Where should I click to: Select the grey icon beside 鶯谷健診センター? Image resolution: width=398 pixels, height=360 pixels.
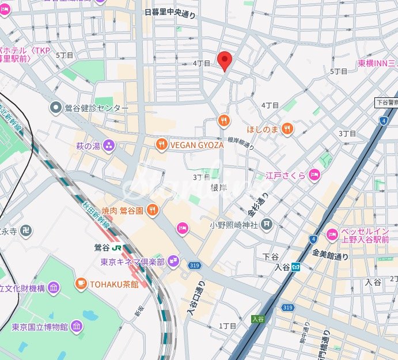56,108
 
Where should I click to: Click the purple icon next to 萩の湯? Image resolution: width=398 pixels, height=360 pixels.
109,146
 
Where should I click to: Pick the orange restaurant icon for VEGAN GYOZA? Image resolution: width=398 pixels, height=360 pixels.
162,145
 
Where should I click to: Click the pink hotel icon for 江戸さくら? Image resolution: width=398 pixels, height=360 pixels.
314,175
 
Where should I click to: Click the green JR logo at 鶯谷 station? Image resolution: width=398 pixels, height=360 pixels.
117,248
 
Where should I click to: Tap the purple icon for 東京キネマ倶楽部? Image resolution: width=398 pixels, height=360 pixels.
174,262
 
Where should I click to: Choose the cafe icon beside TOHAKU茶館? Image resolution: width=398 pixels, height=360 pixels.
81,283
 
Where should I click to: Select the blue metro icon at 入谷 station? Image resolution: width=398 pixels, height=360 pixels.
296,267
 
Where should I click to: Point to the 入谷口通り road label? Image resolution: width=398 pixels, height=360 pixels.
194,299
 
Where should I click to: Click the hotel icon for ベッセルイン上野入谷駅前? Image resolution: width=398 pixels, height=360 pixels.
332,234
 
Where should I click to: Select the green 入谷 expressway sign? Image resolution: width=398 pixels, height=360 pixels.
257,319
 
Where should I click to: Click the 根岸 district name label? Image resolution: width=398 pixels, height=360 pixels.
219,188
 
